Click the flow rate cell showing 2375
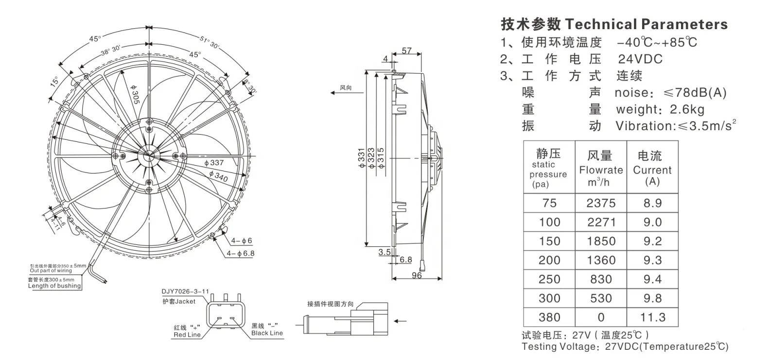tap(601, 203)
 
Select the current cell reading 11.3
tap(652, 317)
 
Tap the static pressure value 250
tap(549, 279)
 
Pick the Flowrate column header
tap(601, 170)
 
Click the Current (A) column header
tap(652, 170)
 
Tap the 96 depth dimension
tap(417, 275)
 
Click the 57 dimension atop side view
tap(407, 51)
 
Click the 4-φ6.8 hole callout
tap(240, 253)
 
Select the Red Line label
tap(187, 335)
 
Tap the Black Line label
tap(267, 333)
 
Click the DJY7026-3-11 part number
tap(185, 292)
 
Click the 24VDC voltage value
tap(640, 59)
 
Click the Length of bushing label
tap(54, 286)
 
